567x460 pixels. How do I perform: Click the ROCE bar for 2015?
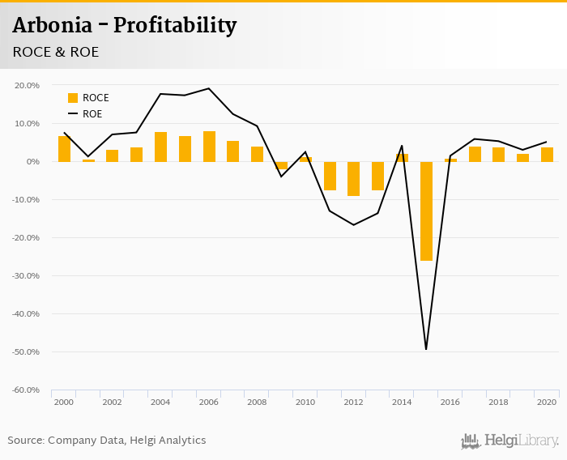pos(426,211)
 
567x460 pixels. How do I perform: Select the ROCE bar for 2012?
pos(354,178)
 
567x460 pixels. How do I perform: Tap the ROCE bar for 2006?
pos(209,147)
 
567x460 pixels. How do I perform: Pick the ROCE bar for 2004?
pos(160,147)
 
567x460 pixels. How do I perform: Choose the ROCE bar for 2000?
pos(64,149)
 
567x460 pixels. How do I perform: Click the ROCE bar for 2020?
pos(547,155)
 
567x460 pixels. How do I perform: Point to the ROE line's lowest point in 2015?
pos(426,349)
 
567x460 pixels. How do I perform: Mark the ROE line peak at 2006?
pos(209,88)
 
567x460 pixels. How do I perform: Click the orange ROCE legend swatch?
pos(73,98)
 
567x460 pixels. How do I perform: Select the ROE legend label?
pos(92,114)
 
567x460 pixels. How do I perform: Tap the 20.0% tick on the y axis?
pos(28,85)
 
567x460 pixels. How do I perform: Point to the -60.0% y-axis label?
pos(27,390)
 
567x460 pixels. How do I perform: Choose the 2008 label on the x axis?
pos(257,402)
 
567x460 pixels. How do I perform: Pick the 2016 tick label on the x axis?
pos(450,402)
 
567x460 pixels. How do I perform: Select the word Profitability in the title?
pos(175,26)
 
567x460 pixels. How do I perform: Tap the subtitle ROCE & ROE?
pos(56,53)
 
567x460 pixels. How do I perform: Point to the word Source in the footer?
pos(25,441)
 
